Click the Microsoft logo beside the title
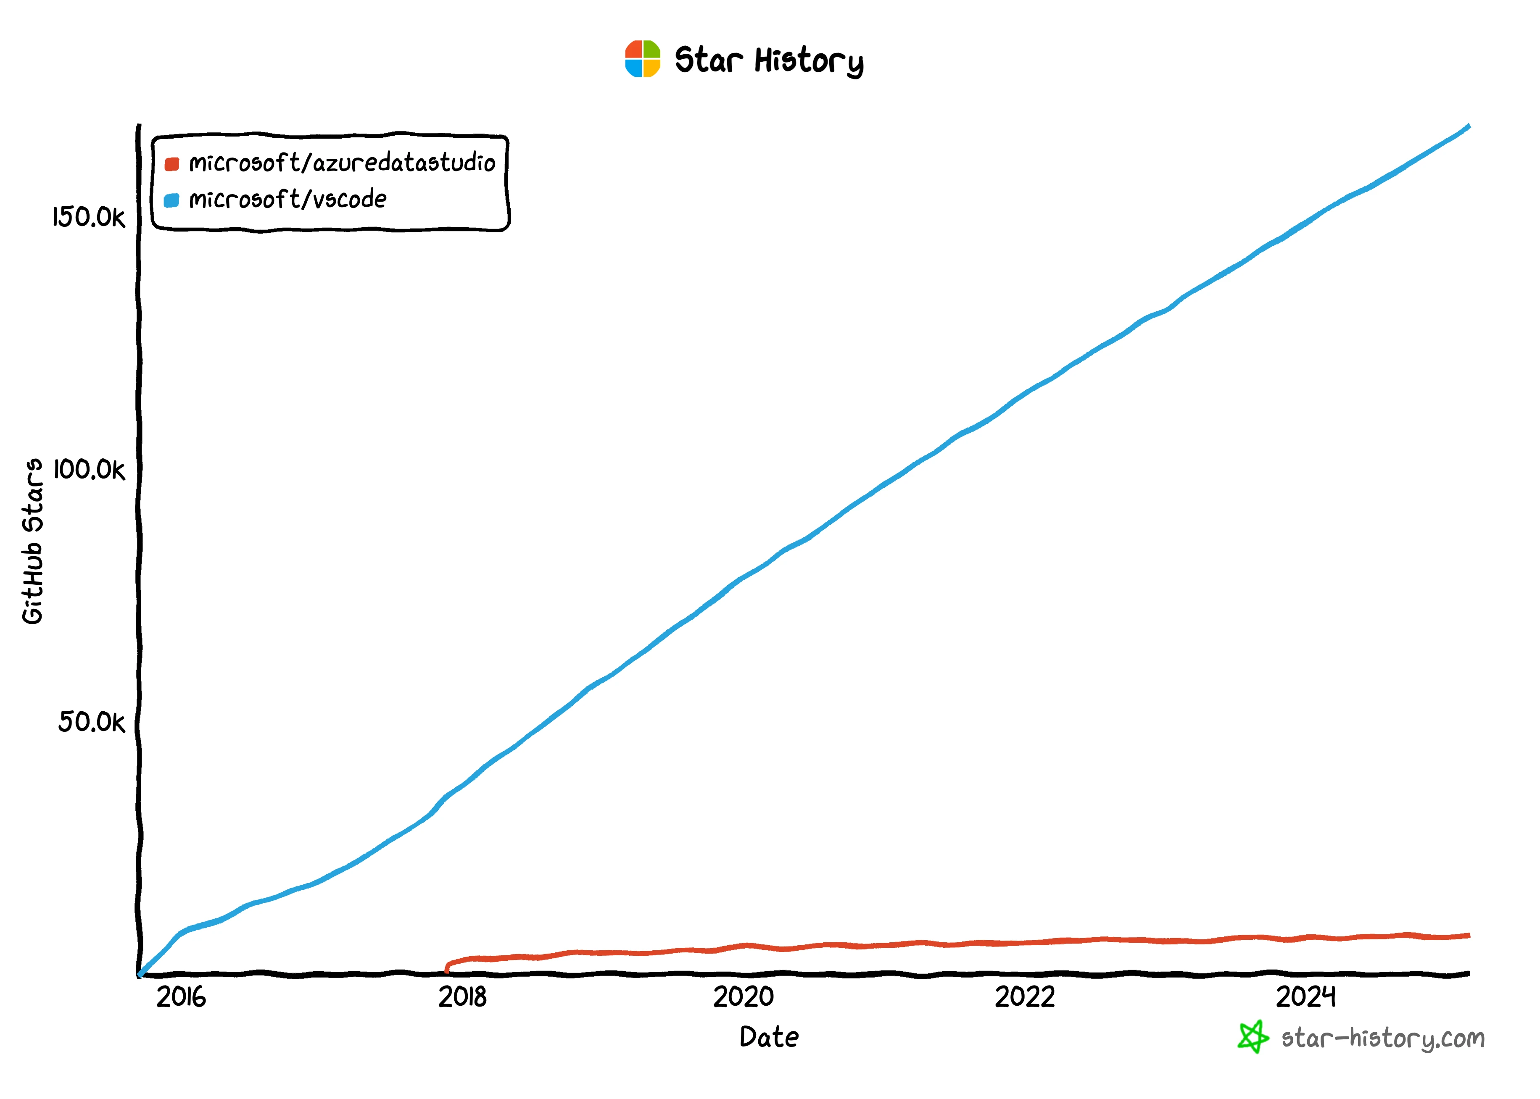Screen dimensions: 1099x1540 pos(642,59)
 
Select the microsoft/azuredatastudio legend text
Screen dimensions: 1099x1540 pos(342,163)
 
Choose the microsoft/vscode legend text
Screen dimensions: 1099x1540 pos(287,200)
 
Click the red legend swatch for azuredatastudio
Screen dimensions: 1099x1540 pos(172,164)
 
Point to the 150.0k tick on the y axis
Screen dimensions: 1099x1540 pos(89,217)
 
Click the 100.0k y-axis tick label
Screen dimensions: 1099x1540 pos(89,470)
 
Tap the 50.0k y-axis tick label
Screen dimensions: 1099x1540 pos(91,722)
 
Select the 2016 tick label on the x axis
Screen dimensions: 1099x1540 pos(181,997)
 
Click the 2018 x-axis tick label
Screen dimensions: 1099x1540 pos(462,997)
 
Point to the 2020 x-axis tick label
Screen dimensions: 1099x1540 pos(743,997)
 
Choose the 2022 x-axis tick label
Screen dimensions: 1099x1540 pos(1024,997)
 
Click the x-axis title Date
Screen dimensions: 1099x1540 pos(769,1037)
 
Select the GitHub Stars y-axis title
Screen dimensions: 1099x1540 pos(32,542)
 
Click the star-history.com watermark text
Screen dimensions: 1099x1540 pos(1382,1038)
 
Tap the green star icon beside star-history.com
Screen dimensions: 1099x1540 pos(1253,1037)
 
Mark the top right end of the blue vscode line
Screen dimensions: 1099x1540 pos(1468,126)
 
